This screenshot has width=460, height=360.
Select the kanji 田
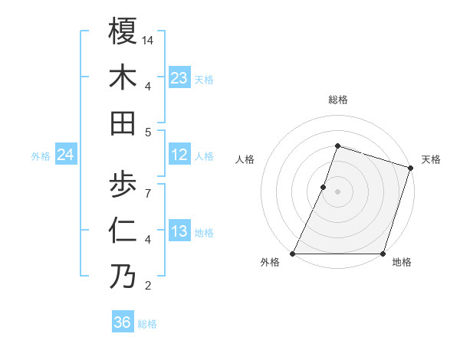click(x=123, y=123)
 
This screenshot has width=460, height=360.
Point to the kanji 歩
click(x=123, y=183)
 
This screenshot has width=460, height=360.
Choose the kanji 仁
click(x=123, y=230)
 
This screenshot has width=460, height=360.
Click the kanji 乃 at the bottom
click(x=123, y=277)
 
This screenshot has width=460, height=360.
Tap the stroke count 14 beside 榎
click(x=149, y=39)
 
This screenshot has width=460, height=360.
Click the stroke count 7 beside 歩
click(x=147, y=191)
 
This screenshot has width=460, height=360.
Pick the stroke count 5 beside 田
click(x=147, y=132)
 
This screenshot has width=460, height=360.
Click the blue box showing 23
click(x=179, y=77)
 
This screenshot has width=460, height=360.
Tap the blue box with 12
click(x=179, y=155)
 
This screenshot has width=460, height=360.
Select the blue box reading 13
click(x=179, y=231)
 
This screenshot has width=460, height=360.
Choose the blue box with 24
click(x=66, y=155)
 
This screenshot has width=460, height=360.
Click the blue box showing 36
click(x=123, y=322)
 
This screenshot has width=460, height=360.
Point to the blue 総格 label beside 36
click(x=147, y=324)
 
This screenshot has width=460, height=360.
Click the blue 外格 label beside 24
click(x=41, y=156)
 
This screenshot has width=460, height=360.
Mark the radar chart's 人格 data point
click(x=324, y=187)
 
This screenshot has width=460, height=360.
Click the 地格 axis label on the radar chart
click(x=402, y=263)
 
